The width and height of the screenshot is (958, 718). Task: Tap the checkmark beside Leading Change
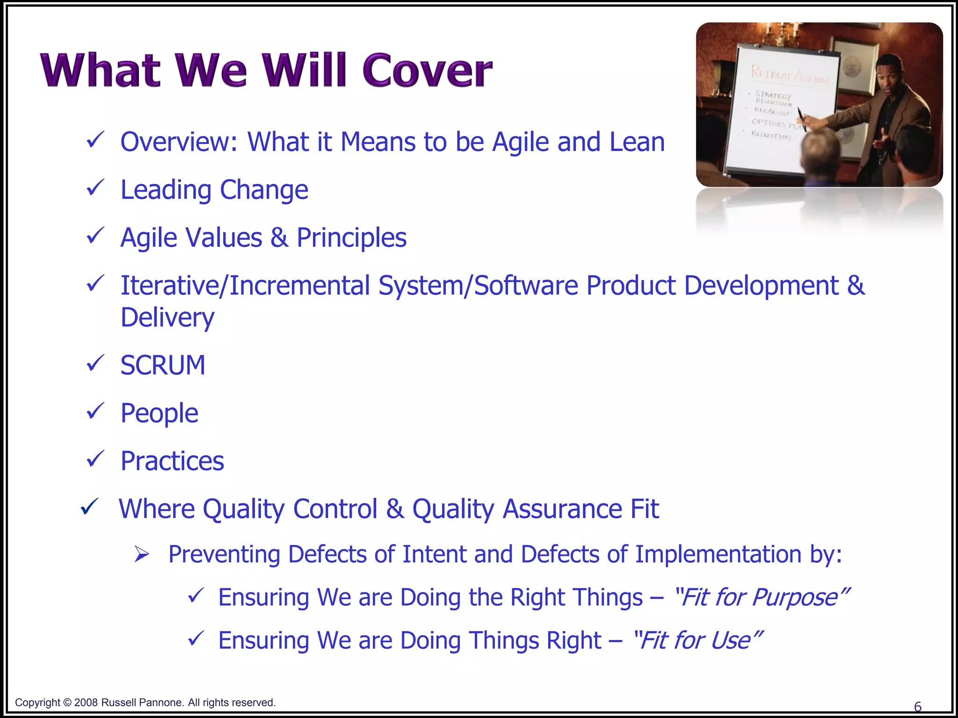pos(95,188)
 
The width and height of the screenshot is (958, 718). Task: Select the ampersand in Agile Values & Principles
pos(279,237)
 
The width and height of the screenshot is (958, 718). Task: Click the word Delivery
pos(167,317)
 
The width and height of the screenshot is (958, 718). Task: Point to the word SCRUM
pos(163,365)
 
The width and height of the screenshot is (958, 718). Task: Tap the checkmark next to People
pos(95,411)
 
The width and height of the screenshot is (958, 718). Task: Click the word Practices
pos(172,461)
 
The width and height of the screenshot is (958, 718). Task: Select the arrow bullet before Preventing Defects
pos(141,554)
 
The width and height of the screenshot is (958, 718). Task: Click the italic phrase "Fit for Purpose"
pos(762,597)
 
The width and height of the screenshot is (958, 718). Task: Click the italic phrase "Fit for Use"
pos(697,640)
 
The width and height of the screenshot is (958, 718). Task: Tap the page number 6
pos(917,706)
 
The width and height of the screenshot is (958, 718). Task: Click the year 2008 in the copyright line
pos(86,703)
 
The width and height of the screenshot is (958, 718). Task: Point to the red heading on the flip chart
pos(790,75)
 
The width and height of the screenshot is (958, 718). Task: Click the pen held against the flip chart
pos(802,119)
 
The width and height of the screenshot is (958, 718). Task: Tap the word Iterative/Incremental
pos(245,286)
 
